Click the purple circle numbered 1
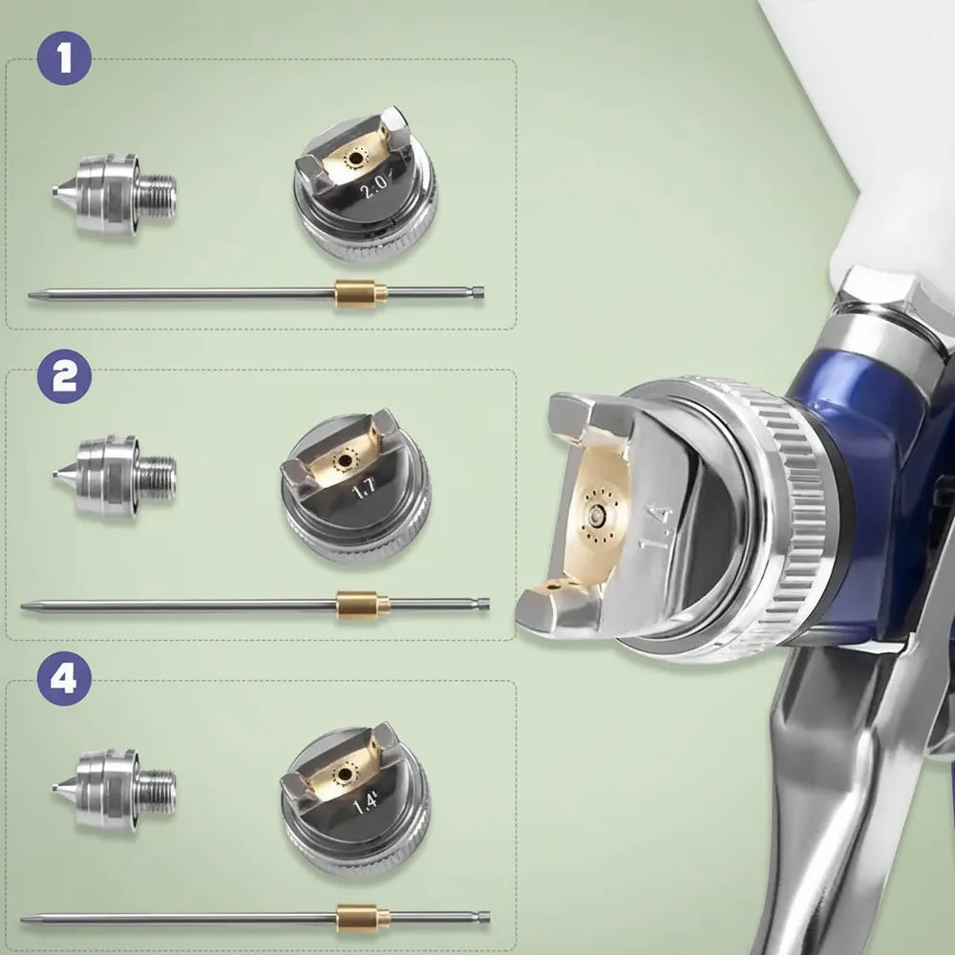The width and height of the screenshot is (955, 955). click(64, 58)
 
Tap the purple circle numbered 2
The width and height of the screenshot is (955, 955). click(64, 376)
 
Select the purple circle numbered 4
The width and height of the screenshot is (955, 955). click(64, 678)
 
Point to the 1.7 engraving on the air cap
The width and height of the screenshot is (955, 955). click(364, 487)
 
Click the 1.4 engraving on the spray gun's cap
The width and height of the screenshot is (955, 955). click(655, 527)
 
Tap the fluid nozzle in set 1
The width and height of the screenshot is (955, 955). click(114, 194)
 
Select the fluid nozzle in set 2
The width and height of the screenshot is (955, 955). click(114, 476)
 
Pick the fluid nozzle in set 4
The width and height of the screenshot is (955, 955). click(114, 790)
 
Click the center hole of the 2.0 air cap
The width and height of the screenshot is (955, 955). click(354, 159)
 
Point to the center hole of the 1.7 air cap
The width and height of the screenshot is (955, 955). click(346, 460)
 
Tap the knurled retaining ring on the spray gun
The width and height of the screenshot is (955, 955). click(786, 518)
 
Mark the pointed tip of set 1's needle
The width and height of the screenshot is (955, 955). click(30, 296)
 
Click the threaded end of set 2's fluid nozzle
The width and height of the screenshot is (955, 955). click(158, 476)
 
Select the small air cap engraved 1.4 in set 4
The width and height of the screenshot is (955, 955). click(355, 799)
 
